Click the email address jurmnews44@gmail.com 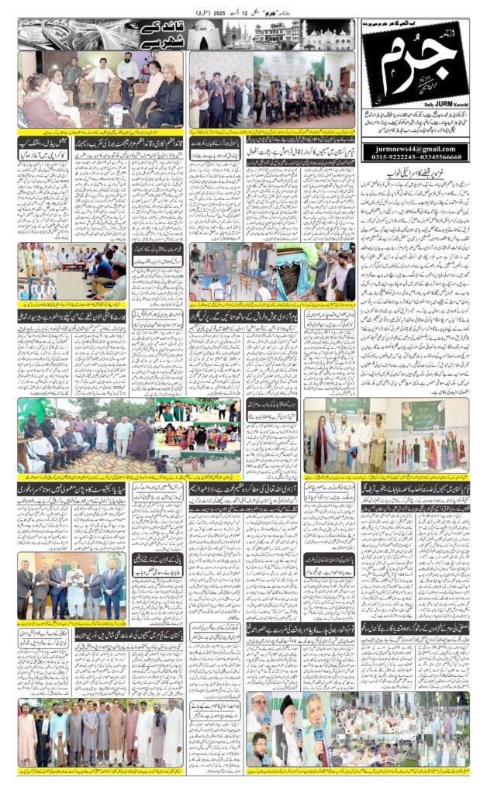413,148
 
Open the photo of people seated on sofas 101,89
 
